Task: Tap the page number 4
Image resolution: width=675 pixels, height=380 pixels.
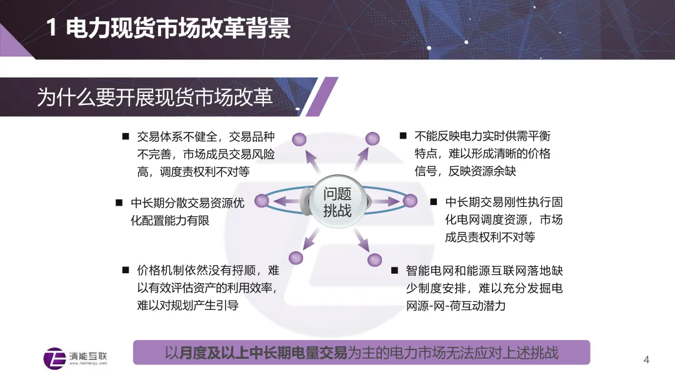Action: click(646, 360)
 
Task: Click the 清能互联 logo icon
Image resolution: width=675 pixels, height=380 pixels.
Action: click(54, 358)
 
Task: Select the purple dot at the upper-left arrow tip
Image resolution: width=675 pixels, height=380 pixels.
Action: click(299, 139)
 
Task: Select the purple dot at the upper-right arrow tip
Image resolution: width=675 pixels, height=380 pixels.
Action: click(372, 139)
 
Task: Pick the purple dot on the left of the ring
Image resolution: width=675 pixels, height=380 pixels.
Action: click(262, 201)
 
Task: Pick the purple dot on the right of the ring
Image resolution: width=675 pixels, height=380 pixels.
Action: click(410, 201)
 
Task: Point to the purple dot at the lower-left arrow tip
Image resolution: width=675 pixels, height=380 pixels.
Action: click(296, 257)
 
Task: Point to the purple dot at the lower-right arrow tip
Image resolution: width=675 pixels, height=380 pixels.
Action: click(374, 260)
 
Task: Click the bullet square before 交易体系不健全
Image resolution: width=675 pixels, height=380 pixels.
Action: click(126, 136)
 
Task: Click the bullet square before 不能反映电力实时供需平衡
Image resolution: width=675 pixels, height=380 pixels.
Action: click(403, 136)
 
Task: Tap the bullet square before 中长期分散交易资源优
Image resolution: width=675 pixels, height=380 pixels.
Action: click(119, 202)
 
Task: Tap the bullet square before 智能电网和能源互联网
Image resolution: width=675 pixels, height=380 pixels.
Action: click(394, 270)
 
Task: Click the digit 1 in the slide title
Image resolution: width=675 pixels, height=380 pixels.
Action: click(51, 27)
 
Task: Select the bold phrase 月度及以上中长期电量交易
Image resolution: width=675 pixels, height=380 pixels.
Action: click(262, 353)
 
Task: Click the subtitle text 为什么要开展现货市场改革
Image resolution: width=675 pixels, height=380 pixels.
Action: click(155, 97)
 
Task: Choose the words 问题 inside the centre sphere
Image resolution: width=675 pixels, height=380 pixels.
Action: click(337, 194)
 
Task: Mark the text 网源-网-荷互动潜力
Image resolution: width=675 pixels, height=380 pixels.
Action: click(456, 306)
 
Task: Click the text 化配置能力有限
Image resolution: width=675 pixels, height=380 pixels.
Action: click(170, 221)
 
